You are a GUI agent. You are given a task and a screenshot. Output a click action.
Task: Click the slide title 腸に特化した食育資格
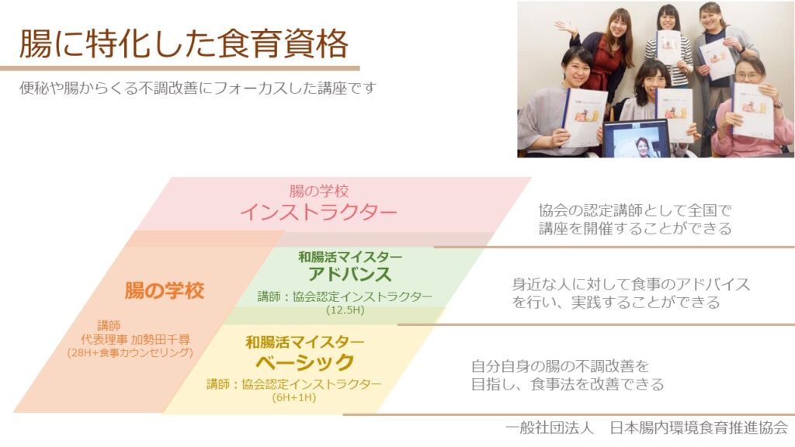183,43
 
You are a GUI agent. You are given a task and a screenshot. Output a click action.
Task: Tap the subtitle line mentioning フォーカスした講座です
198,88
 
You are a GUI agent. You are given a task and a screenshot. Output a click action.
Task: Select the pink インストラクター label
318,211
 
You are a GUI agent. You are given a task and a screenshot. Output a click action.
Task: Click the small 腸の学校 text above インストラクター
319,191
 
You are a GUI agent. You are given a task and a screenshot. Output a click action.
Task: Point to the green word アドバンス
350,274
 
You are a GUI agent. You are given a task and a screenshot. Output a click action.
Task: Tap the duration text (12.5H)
345,310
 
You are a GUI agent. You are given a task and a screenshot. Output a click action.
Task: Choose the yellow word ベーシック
304,362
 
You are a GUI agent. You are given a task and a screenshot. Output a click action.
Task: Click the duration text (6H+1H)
294,397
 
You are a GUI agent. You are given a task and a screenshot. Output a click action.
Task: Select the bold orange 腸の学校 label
165,291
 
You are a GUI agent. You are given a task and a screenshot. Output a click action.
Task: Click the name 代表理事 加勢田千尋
135,339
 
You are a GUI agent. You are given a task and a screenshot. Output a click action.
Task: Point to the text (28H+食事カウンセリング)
130,353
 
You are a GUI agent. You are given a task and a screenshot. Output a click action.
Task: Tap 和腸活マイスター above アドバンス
350,256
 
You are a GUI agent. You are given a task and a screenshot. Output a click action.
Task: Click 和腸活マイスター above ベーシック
304,342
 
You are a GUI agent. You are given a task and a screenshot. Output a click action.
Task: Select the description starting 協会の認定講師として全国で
635,219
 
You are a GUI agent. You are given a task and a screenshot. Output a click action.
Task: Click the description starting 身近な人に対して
630,293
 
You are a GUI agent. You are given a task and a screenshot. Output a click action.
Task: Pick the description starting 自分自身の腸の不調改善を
568,375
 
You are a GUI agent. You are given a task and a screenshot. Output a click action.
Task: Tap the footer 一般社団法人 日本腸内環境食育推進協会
647,428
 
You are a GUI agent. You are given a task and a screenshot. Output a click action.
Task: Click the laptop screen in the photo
636,140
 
